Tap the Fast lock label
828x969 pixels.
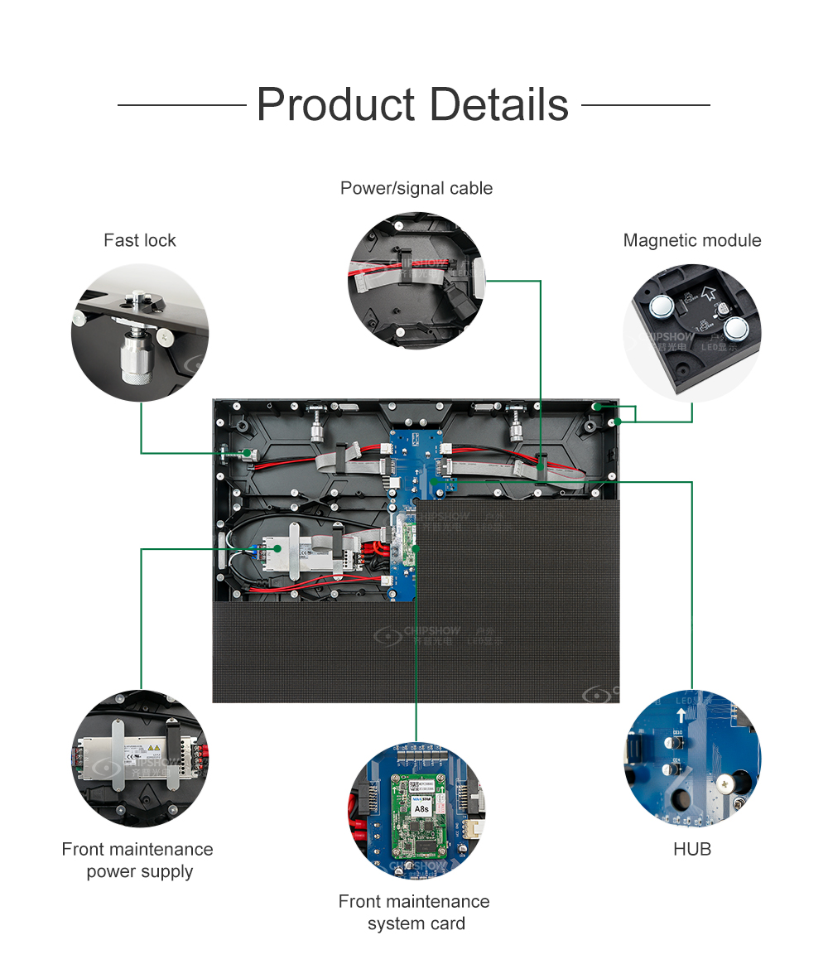[x=140, y=240]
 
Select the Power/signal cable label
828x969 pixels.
[x=416, y=188]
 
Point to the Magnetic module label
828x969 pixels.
[x=692, y=240]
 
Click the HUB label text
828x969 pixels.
[x=692, y=849]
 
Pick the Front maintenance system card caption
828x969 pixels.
[x=415, y=912]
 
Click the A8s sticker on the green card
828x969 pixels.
[x=421, y=807]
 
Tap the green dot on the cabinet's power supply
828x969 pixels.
[x=279, y=548]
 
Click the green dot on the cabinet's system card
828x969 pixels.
[x=416, y=548]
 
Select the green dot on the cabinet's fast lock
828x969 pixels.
[x=248, y=453]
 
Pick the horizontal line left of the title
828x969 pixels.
[x=182, y=105]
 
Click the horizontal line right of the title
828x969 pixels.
[x=646, y=105]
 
